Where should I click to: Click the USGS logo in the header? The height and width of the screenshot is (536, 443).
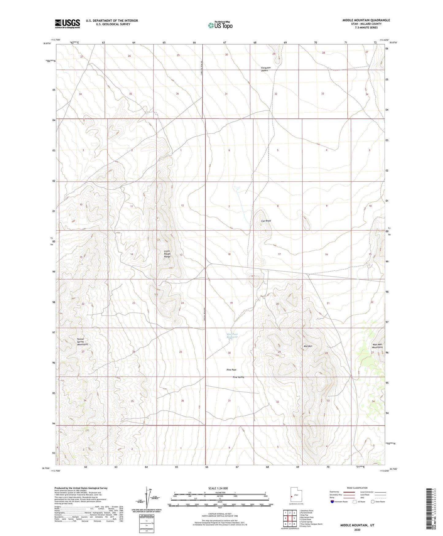pos(67,24)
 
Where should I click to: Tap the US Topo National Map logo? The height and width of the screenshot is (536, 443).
pos(220,25)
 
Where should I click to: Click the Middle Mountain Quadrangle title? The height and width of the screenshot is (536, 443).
pos(366,20)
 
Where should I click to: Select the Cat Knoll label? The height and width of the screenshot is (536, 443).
pos(266,221)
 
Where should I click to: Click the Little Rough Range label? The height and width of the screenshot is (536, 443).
pos(167,254)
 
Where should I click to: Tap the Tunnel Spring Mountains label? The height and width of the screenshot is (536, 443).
pos(82,342)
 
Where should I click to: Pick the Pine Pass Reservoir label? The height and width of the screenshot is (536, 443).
pos(232,336)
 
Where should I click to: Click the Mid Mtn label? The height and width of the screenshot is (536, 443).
pos(308,346)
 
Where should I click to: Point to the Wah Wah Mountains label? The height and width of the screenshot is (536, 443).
pos(377,346)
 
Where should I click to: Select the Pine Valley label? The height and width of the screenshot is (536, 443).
pos(239,377)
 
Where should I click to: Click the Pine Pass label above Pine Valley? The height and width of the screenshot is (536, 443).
pos(231,370)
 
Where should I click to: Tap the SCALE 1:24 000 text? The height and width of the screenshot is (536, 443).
pos(218,488)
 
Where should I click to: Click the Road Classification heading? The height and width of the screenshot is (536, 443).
pos(357,488)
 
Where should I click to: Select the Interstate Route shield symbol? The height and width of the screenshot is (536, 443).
pos(333,502)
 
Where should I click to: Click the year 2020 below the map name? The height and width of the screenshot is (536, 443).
pos(357,530)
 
